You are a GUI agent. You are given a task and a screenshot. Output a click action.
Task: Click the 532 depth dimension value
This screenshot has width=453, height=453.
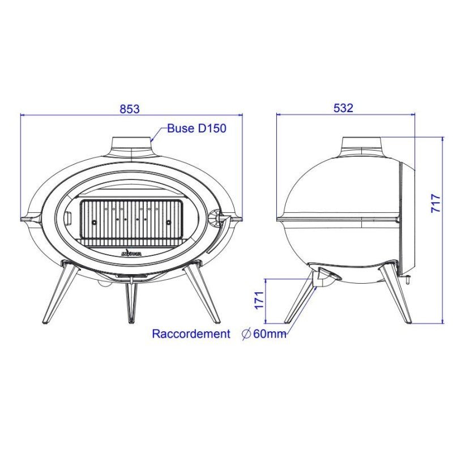[x=343, y=108]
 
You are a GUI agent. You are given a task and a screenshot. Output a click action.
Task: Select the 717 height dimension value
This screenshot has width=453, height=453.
[x=435, y=203]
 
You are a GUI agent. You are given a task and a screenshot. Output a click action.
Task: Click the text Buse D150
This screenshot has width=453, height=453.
[x=196, y=129]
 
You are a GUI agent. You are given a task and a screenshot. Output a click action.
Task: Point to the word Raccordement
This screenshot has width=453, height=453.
[x=191, y=334]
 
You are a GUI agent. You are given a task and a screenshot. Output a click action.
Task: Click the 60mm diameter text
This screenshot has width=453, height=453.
[x=270, y=334]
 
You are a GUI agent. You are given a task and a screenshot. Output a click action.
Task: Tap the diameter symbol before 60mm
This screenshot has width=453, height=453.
[x=246, y=334]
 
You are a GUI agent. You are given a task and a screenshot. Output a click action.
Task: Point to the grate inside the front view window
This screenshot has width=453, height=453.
[x=130, y=219]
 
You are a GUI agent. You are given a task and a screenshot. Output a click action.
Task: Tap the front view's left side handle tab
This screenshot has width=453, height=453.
[x=28, y=218]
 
